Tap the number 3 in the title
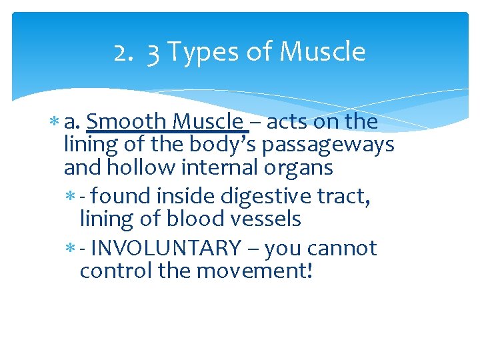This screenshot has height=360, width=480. coord(153,53)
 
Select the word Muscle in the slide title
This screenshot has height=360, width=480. coord(323,52)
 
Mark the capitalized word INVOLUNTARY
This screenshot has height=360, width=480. coord(165,248)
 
